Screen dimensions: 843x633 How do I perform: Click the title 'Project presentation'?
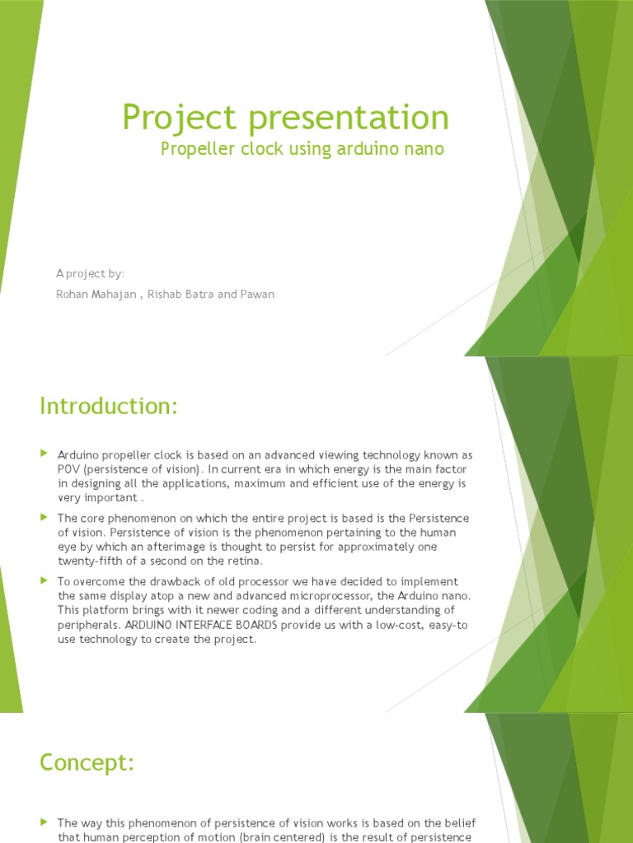(x=285, y=117)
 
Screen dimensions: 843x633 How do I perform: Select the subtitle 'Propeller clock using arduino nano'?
(x=302, y=149)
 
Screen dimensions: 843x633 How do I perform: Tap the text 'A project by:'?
(x=90, y=273)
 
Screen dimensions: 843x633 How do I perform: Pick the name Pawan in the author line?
(x=259, y=295)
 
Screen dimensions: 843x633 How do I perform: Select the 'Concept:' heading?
(x=87, y=763)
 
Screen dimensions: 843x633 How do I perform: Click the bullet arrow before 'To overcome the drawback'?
(x=45, y=581)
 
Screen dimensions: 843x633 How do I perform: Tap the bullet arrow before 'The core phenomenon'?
(x=45, y=517)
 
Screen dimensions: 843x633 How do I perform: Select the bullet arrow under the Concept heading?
(x=45, y=822)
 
